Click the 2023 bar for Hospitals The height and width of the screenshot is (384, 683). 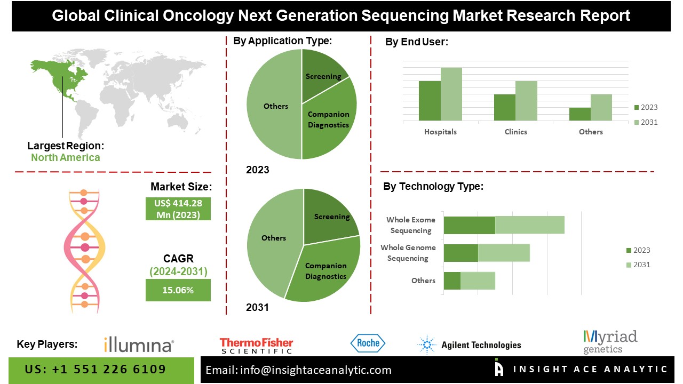(x=430, y=101)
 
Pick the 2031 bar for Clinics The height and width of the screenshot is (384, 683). (x=526, y=101)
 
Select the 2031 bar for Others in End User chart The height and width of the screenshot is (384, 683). (x=601, y=108)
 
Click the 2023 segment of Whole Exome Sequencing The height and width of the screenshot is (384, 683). (x=470, y=225)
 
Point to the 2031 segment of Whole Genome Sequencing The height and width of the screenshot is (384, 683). (x=504, y=253)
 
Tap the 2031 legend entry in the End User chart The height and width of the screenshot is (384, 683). (x=645, y=122)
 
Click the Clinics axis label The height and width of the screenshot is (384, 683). (x=515, y=132)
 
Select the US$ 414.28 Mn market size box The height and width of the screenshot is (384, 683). (x=178, y=209)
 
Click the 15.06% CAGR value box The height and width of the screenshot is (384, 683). (x=178, y=291)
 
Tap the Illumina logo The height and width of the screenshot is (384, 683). (x=139, y=345)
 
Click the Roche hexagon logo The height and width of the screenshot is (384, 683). (x=368, y=343)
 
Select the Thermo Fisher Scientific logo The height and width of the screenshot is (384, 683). (x=256, y=346)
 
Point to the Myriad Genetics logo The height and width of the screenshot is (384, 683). (x=610, y=342)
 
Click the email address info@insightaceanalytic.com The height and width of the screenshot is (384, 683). (x=299, y=370)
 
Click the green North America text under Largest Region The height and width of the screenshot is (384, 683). (x=65, y=157)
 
